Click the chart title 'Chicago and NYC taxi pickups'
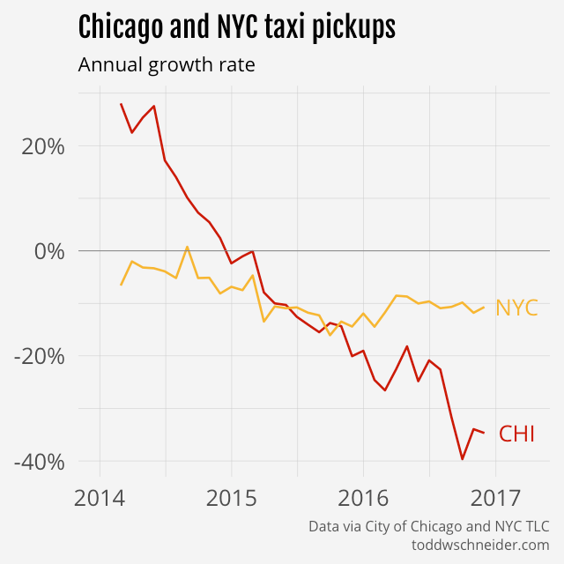coord(236,27)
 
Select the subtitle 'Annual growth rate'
coord(167,65)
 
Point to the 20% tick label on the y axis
coord(42,146)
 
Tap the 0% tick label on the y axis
coord(49,251)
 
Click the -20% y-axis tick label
coord(39,356)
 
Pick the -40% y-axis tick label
coord(39,462)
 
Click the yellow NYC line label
coord(516,308)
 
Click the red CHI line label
coord(517,434)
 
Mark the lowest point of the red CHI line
coord(462,459)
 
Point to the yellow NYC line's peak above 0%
coord(187,247)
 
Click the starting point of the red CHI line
coord(122,104)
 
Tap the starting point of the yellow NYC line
coord(122,285)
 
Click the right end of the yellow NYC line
coord(484,307)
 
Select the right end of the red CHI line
coord(484,433)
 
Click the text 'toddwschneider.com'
coord(480,545)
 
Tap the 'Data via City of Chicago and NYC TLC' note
coord(428,526)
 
